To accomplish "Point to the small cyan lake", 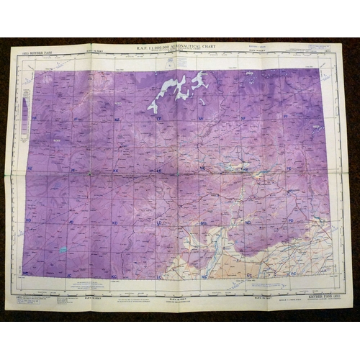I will pos(63,250).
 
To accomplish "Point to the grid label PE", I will pos(289,168).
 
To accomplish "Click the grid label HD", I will pos(28,221).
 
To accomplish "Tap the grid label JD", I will pos(72,222).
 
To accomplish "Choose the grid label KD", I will pos(115,222).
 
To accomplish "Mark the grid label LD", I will pos(158,222).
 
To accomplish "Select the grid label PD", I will pos(291,220).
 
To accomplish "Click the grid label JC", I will pos(71,274).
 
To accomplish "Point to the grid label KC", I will pos(114,275).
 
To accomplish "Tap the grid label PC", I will pos(293,274).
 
